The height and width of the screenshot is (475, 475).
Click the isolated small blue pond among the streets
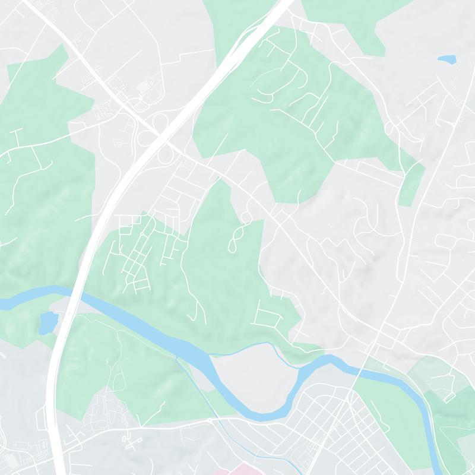point(446,59)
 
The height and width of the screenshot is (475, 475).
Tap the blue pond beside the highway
point(47,323)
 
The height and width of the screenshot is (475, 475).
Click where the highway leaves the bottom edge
point(59,472)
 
